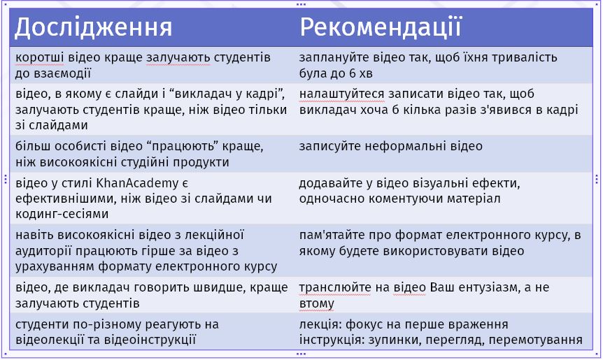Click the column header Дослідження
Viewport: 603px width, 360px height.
(94, 28)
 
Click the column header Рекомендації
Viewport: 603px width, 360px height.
(380, 27)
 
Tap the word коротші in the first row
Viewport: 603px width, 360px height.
(40, 57)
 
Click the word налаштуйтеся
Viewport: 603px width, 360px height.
(342, 94)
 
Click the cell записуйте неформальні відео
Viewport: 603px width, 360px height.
(391, 146)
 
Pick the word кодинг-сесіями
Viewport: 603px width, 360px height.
(62, 213)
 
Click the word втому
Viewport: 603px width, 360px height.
(316, 303)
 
